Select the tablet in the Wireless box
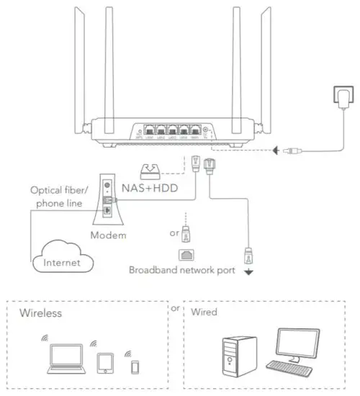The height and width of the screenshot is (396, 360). (104, 362)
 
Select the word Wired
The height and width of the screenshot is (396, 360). (205, 313)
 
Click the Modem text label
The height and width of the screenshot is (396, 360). (108, 235)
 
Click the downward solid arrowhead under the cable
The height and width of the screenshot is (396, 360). (248, 272)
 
